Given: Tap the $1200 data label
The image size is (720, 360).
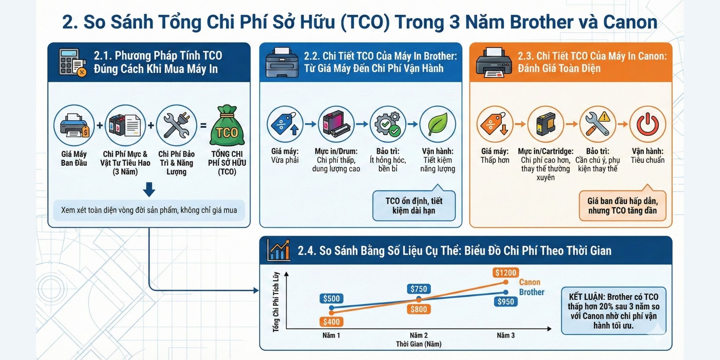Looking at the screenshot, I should [506, 272].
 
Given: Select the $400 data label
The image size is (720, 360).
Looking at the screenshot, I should [331, 322].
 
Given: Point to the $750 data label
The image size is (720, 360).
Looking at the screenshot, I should [419, 289].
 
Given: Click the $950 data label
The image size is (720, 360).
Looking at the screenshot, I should [506, 302].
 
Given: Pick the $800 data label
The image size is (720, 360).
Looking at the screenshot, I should [419, 309].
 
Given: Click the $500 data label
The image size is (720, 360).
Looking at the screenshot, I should [331, 299].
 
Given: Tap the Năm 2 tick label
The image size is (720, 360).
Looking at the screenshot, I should [419, 335].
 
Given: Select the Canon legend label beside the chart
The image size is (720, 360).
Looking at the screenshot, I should [529, 282].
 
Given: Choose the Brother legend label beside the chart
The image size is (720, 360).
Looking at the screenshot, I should [532, 292].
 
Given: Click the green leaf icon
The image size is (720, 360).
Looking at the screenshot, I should [438, 124].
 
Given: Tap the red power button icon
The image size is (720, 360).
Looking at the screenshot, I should [648, 124].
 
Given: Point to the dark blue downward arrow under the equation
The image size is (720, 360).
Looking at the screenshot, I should [149, 189].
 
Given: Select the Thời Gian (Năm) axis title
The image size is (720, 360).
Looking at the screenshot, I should [419, 344].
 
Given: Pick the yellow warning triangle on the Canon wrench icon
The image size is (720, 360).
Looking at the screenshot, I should [604, 116].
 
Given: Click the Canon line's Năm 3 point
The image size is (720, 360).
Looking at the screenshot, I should [506, 282].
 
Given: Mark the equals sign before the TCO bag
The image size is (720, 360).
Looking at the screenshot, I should [203, 125].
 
